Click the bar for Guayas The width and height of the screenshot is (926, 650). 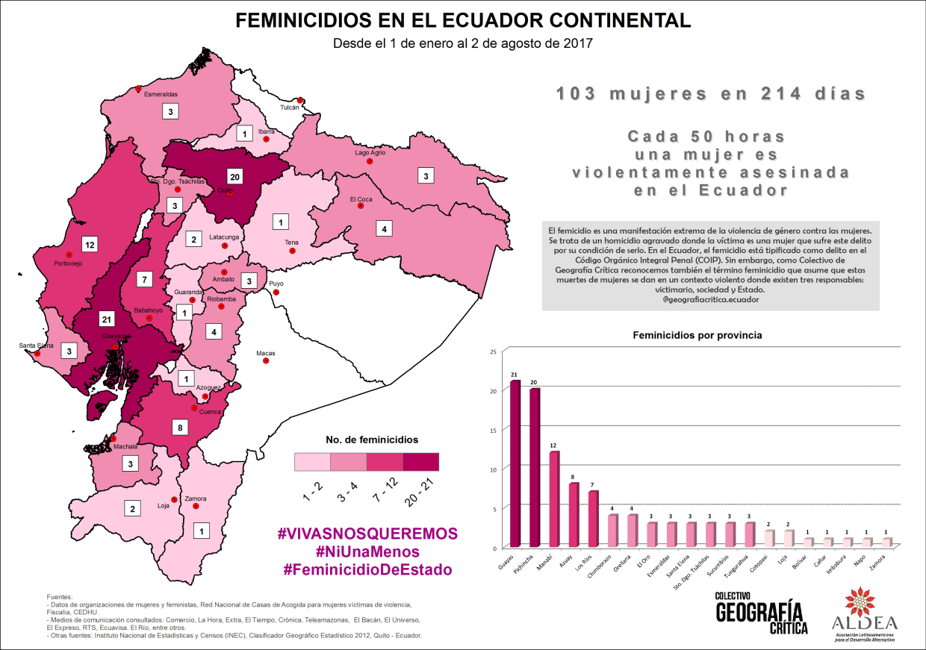point(515,464)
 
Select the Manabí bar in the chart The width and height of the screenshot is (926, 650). point(554,499)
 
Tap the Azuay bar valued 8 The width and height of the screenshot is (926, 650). point(574,515)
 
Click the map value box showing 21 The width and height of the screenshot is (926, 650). point(107,319)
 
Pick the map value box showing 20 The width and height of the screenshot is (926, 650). point(234,177)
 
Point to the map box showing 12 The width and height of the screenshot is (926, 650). point(90,244)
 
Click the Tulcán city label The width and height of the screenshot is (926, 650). point(289,107)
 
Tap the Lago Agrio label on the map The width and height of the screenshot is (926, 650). point(370,152)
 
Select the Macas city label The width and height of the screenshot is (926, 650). point(266,353)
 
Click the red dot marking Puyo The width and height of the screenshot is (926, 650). point(276,293)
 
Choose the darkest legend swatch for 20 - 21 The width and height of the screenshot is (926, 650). point(421,462)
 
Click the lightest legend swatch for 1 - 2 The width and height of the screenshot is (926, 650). point(312,462)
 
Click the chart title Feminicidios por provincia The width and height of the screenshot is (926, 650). point(697,335)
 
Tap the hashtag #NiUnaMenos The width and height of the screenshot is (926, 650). point(367,551)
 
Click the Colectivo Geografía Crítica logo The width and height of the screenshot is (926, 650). point(761,613)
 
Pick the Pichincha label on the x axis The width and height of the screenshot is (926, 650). point(526,566)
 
